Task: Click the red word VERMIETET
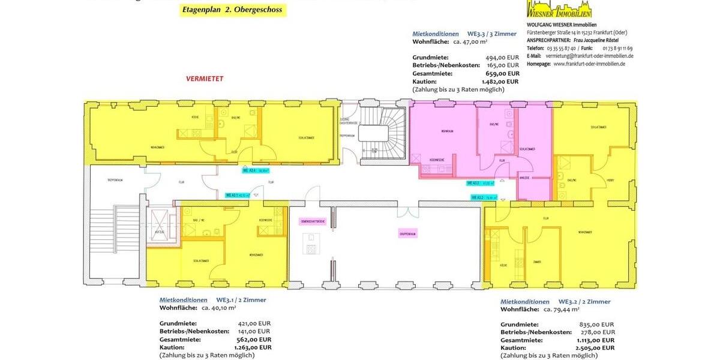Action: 204,79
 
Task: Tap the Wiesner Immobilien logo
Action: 559,9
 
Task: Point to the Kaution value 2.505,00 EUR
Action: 595,347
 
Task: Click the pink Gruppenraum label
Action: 408,233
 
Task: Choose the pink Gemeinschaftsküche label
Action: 312,221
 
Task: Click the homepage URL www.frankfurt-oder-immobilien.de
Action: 589,64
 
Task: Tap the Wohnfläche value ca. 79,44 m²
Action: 562,310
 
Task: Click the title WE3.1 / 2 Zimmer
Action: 241,300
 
